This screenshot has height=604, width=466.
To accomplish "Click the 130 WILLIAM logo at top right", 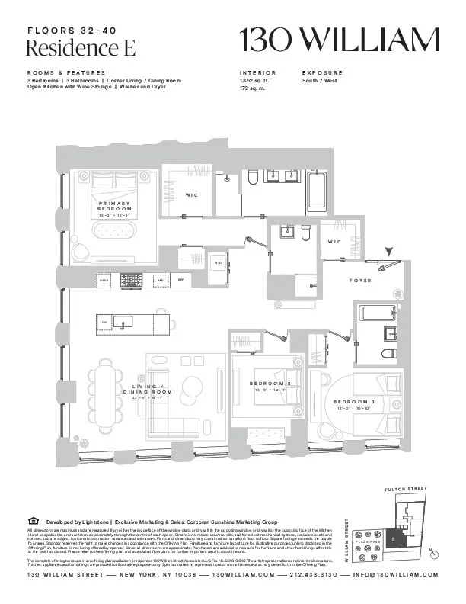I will pyautogui.click(x=340, y=39).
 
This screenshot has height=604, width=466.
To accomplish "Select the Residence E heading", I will pyautogui.click(x=81, y=48).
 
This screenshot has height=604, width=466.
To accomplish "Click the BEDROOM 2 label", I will pyautogui.click(x=270, y=383).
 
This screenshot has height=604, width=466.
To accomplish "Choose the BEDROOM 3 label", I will pyautogui.click(x=354, y=401).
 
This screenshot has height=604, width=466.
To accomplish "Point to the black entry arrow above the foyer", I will pyautogui.click(x=389, y=252).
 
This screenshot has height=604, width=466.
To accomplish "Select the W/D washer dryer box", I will pyautogui.click(x=218, y=262).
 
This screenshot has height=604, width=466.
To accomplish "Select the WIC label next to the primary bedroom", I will pyautogui.click(x=192, y=196).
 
